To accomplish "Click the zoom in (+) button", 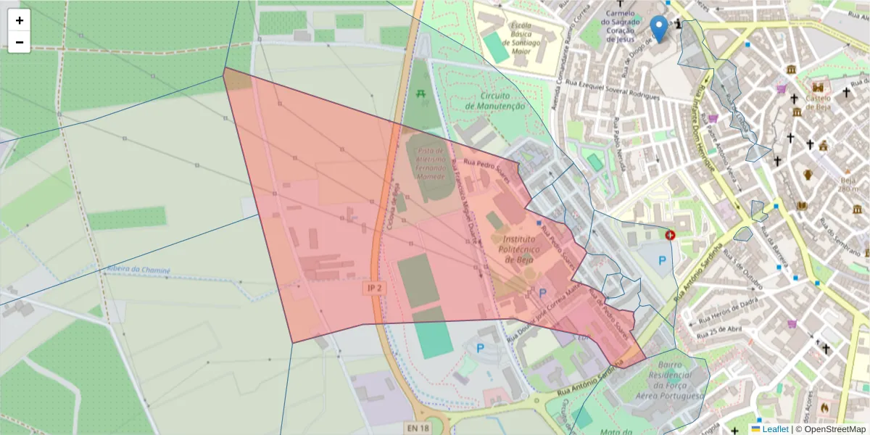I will [20, 20].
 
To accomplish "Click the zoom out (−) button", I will [20, 42].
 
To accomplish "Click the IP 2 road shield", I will [373, 289].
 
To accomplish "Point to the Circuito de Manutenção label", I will [495, 101].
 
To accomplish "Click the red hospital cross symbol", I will [670, 235].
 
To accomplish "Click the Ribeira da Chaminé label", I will [138, 270].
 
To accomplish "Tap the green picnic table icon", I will [420, 93].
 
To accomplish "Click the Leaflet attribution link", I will [775, 429].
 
